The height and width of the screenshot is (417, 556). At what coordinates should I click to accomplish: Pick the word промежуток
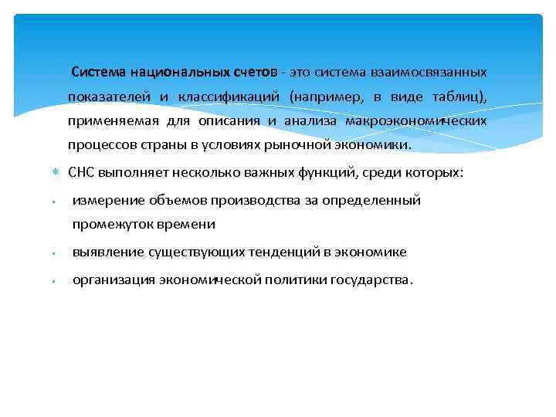tap(109, 225)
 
